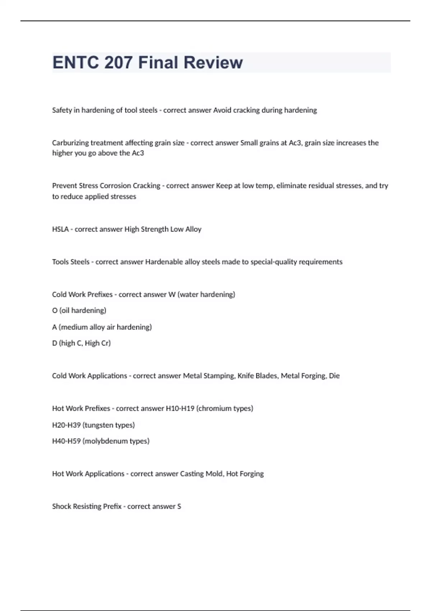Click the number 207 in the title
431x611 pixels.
coord(118,63)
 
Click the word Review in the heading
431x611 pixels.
coord(213,63)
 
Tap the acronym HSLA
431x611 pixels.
coord(60,229)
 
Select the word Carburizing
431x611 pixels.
coord(70,143)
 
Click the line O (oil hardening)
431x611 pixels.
coord(79,311)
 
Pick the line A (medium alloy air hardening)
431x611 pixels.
coord(102,327)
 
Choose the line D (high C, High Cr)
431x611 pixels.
coord(81,343)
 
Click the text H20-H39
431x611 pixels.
coord(66,425)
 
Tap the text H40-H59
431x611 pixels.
coord(66,441)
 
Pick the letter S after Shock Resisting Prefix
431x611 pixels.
coord(179,506)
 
